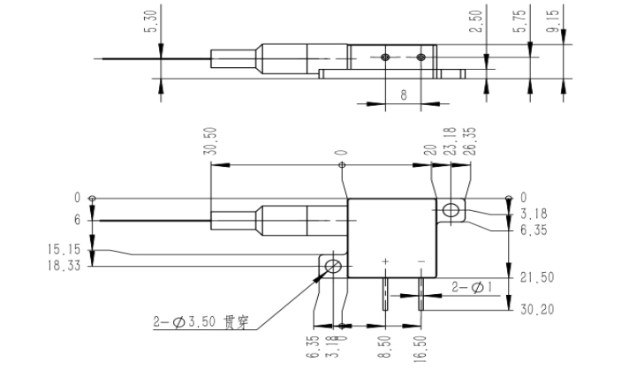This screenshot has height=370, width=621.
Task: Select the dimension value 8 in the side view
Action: click(x=403, y=94)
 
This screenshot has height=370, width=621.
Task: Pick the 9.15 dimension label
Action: click(x=552, y=21)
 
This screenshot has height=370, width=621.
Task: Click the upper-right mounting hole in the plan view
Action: click(x=451, y=209)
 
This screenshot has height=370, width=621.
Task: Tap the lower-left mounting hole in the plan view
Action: click(x=334, y=266)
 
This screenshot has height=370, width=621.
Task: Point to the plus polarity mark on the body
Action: click(x=386, y=262)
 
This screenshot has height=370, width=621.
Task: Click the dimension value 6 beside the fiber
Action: click(x=77, y=219)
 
